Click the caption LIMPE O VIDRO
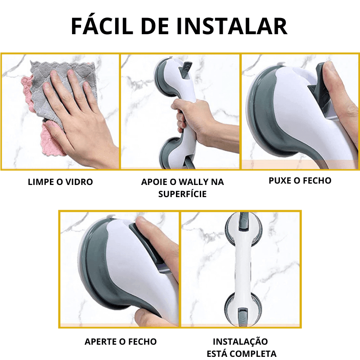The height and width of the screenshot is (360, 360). tap(60, 182)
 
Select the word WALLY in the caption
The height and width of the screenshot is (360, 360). tap(194, 182)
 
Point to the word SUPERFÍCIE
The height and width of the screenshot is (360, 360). tap(183, 194)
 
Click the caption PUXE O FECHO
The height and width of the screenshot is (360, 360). tap(300, 181)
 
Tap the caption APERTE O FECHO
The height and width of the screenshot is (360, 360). tap(121, 342)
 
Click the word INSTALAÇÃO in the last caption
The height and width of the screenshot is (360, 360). tap(240, 342)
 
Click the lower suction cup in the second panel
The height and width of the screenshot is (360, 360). tap(171, 153)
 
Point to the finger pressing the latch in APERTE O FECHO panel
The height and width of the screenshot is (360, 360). tap(156, 239)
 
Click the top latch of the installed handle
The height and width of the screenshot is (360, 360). tap(243, 221)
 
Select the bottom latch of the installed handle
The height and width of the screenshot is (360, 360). tap(243, 316)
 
